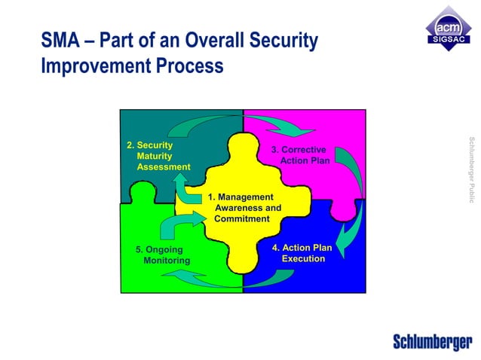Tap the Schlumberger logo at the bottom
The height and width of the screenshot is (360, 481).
(432, 341)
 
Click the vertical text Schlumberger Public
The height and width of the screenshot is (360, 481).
(470, 169)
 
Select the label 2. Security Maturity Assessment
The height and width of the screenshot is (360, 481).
(158, 156)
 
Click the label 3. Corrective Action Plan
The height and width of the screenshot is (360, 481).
(300, 155)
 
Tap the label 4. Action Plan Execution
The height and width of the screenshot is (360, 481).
(302, 253)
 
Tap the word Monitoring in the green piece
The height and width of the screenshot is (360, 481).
(167, 261)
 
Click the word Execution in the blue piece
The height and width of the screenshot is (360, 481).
(303, 259)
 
